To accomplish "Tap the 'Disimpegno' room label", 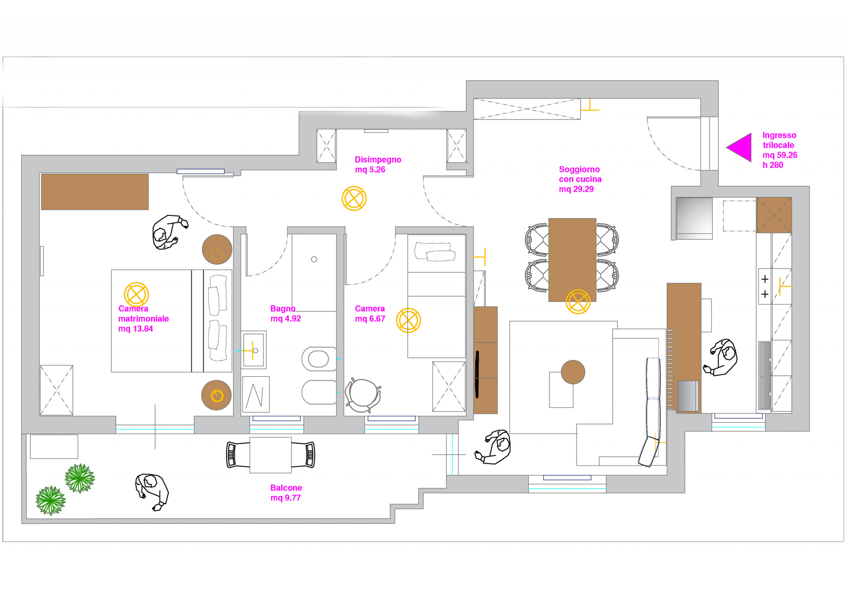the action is tap(378, 160).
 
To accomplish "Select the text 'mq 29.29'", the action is tap(576, 189).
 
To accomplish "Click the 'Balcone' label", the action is tap(286, 488).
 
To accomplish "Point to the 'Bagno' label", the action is tap(283, 308).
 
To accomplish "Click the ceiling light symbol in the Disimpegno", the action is tap(354, 198).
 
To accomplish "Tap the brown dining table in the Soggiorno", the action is tap(572, 260).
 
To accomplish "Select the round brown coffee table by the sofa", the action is tap(573, 372).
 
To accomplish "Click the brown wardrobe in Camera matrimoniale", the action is tap(95, 192).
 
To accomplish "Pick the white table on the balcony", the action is tap(270, 455).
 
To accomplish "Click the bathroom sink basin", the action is tap(253, 350).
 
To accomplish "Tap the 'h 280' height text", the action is tap(773, 165).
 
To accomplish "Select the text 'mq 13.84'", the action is tap(135, 329).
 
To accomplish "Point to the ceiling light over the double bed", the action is tap(136, 295).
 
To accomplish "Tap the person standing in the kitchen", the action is tap(721, 358).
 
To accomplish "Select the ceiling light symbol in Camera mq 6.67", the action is tap(408, 320).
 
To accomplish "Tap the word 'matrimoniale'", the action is tap(144, 319).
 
